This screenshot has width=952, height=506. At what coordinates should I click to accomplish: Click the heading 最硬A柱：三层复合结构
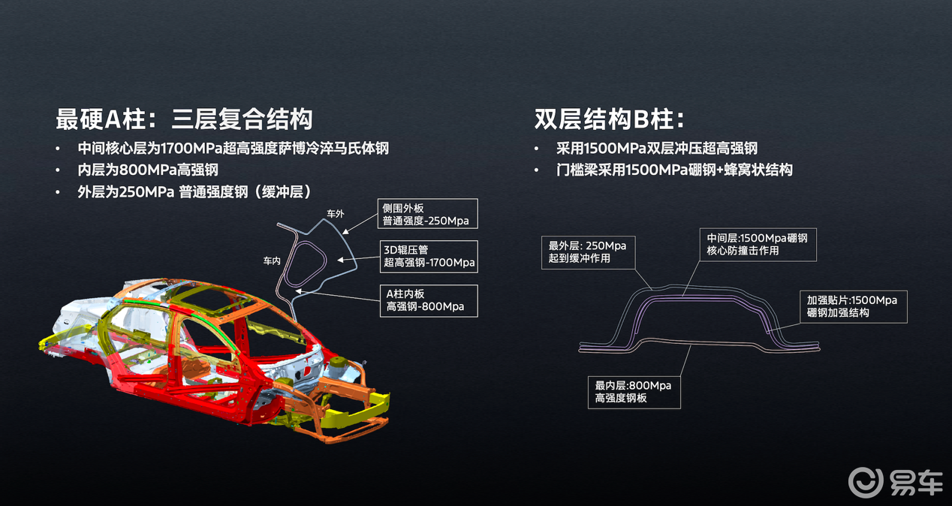(x=184, y=119)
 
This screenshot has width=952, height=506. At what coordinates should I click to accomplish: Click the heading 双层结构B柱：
(x=609, y=119)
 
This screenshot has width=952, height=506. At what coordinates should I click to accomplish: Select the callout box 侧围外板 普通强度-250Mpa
(x=429, y=213)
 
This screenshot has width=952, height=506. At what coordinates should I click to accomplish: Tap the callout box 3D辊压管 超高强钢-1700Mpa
(x=429, y=256)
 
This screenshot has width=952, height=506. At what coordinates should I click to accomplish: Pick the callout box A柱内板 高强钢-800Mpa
(x=429, y=300)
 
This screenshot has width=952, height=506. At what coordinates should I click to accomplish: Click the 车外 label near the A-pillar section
(x=335, y=214)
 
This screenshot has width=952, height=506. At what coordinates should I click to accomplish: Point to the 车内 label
(x=272, y=261)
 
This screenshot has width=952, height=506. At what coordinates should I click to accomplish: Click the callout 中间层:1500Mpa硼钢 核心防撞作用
(x=758, y=244)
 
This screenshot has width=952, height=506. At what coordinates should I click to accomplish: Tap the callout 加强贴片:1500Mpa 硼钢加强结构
(x=852, y=306)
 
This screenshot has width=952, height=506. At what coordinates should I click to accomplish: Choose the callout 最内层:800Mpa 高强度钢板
(x=634, y=392)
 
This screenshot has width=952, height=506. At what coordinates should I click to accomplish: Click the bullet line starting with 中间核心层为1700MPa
(x=233, y=148)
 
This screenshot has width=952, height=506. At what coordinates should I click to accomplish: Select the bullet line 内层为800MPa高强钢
(x=147, y=170)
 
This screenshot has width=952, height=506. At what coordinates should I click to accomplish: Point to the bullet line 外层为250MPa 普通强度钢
(x=194, y=191)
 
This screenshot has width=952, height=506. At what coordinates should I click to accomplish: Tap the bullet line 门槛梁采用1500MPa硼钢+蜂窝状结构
(x=674, y=170)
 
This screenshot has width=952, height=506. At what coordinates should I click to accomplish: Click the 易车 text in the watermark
(x=916, y=482)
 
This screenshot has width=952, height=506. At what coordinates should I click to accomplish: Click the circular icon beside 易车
(x=866, y=482)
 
